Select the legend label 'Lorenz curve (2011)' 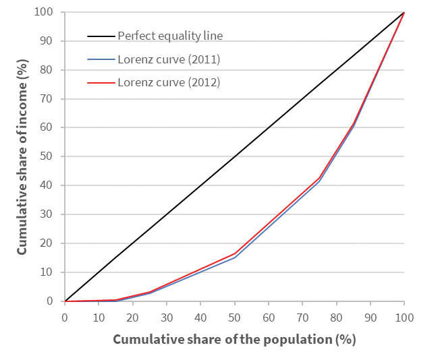[x=169, y=59]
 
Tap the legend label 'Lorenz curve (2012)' [x=169, y=83]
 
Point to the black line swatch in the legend [x=101, y=36]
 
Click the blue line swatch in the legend [x=101, y=59]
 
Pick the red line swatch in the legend [x=101, y=83]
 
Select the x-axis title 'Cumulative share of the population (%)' [x=234, y=339]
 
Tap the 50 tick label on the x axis [x=234, y=315]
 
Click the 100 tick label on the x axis [x=404, y=315]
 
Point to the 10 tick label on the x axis [x=99, y=315]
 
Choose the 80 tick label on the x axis [x=336, y=315]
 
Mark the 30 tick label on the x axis [x=166, y=315]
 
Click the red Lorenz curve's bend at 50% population [x=234, y=253]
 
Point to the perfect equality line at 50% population [x=234, y=156]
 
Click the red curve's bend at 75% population [x=319, y=179]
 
